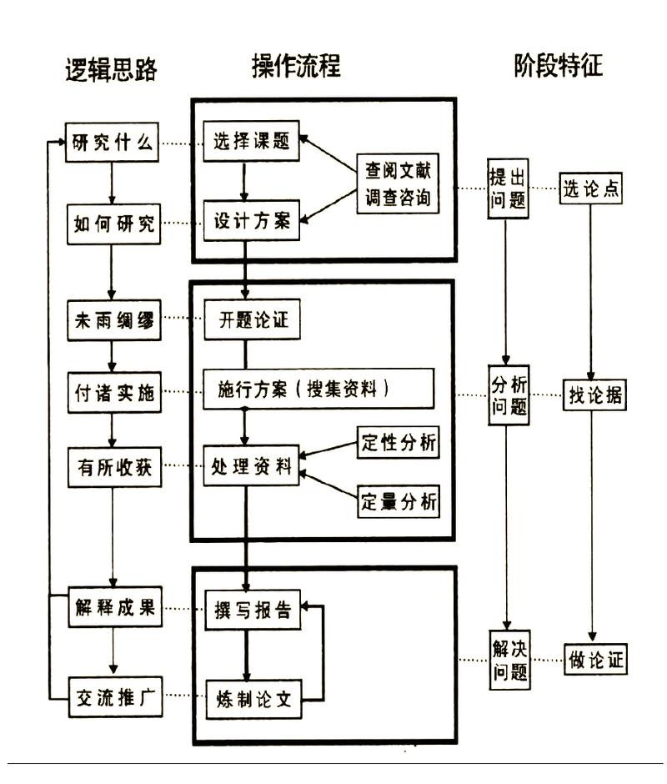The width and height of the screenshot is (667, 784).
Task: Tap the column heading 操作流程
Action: pyautogui.click(x=296, y=66)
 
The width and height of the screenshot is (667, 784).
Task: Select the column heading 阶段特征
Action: pyautogui.click(x=558, y=66)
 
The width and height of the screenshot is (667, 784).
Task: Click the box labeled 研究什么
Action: pyautogui.click(x=113, y=143)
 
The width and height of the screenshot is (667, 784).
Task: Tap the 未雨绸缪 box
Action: pyautogui.click(x=113, y=320)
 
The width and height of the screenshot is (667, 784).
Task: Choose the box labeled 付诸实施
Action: pyautogui.click(x=113, y=392)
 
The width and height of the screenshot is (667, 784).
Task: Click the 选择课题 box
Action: pyautogui.click(x=251, y=142)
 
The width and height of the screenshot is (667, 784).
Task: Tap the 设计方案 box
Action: pyautogui.click(x=251, y=221)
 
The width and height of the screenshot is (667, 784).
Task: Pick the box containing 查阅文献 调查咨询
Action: pyautogui.click(x=397, y=183)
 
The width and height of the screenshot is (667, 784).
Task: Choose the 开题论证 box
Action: pyautogui.click(x=251, y=319)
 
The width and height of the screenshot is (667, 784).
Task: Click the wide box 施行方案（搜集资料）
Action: pyautogui.click(x=320, y=390)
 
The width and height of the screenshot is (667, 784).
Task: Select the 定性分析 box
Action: pyautogui.click(x=398, y=442)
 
